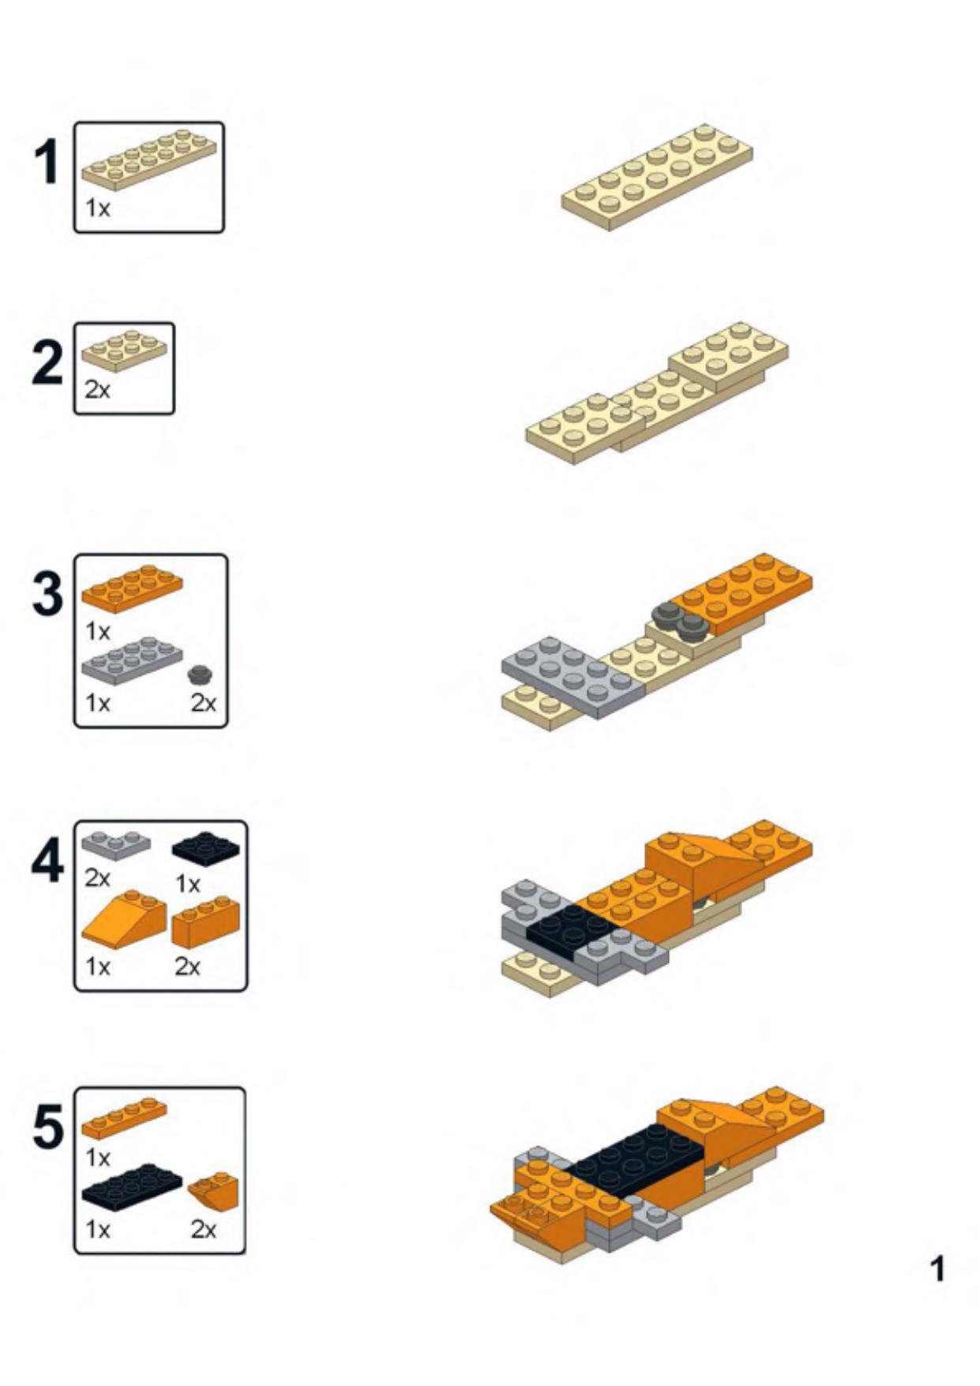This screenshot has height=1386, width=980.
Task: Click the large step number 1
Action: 47,162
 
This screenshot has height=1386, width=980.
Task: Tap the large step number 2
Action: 47,363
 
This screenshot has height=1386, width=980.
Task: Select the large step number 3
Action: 47,594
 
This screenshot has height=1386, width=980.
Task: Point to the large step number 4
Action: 47,862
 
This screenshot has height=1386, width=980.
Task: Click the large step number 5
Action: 47,1127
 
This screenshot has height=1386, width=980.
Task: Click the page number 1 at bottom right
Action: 937,1269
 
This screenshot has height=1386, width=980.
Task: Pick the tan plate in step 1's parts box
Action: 148,160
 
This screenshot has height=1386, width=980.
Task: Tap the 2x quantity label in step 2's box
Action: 98,389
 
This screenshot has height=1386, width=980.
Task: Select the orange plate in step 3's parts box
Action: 132,588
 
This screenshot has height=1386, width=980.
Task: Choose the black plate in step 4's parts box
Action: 205,849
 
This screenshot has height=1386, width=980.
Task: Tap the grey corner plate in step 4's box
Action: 116,845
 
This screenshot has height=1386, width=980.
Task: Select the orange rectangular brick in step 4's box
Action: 205,922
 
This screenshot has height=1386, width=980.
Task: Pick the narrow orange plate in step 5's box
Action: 124,1117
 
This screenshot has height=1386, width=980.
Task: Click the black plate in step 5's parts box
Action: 132,1187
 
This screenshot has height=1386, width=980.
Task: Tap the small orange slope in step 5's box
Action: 213,1192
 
